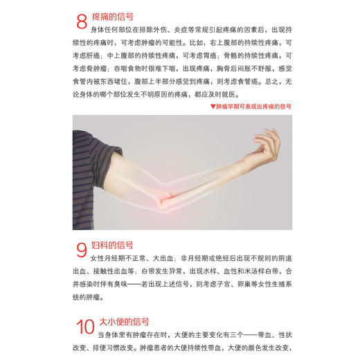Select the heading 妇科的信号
click(112, 245)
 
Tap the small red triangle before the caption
click(212, 107)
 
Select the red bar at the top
click(180, 2)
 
